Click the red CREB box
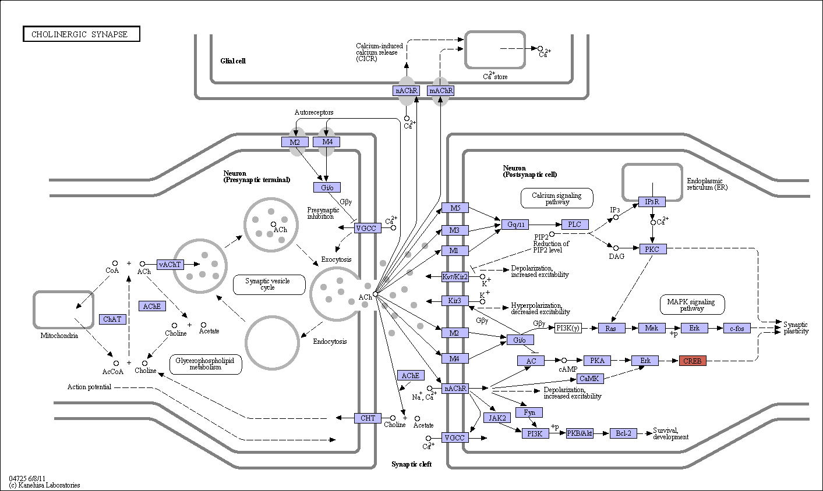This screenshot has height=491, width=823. coord(693,361)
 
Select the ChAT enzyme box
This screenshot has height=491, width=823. coord(112,319)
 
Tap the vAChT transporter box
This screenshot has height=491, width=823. coord(170,264)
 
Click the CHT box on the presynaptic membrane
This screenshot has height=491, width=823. coord(368,418)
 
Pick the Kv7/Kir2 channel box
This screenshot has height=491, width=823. coord(455,277)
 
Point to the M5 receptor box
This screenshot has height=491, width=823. coord(455,208)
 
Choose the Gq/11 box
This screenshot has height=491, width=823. coord(515,224)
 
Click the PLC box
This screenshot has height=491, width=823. coord(575,224)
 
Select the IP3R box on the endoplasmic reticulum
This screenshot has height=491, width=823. coord(652,201)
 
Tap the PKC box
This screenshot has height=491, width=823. coord(652,249)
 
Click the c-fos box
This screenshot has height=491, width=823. coord(737,328)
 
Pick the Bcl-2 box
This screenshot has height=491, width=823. coord(623,433)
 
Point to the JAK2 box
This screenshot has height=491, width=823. coord(497,418)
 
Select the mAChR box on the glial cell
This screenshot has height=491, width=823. coord(440,91)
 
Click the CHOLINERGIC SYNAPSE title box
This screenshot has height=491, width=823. coord(82,34)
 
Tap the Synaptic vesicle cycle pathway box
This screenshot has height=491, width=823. coord(269,284)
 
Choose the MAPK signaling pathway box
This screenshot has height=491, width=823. coord(692,305)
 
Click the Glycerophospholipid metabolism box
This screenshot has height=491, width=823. coord(206,364)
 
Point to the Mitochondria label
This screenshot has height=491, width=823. coord(59,336)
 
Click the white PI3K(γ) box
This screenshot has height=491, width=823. coord(568,328)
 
